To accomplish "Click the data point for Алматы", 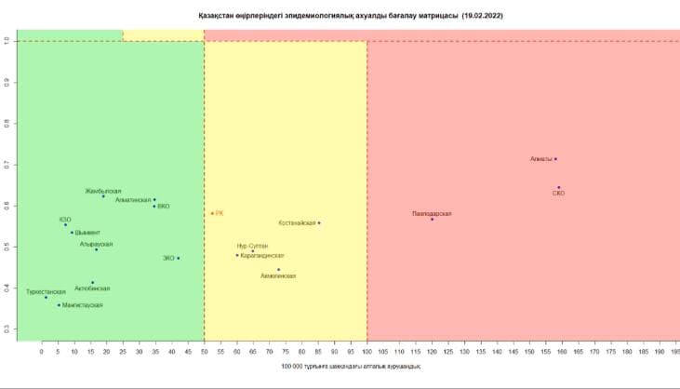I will click(x=555, y=159).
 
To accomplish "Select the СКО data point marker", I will click(x=558, y=187).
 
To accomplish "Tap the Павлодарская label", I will click(x=432, y=213).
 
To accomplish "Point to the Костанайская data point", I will click(x=319, y=222).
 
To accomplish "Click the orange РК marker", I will click(x=212, y=213).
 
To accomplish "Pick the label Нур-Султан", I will click(x=253, y=246).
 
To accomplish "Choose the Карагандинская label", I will click(x=262, y=255).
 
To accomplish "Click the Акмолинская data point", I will click(x=278, y=270).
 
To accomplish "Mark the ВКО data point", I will click(x=154, y=206).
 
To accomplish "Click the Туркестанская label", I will click(x=46, y=291).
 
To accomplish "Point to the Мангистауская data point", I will click(x=59, y=305).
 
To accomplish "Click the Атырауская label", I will click(x=96, y=244).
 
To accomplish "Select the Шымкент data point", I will click(x=72, y=233).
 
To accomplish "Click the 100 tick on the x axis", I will click(x=367, y=352).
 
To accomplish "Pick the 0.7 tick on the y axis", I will click(x=7, y=165).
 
